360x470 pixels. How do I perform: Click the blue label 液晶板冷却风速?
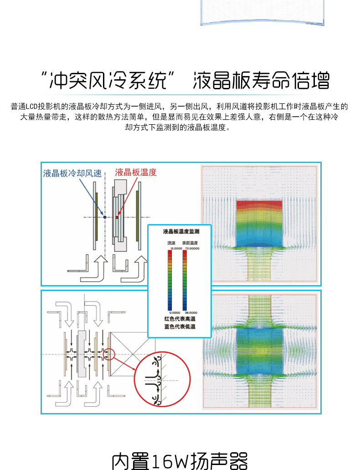click(72, 173)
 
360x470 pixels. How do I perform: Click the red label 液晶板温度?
click(136, 172)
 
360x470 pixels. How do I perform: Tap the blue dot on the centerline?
click(105, 218)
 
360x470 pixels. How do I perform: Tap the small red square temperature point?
click(117, 218)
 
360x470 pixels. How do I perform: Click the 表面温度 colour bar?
click(185, 281)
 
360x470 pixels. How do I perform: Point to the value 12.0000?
click(171, 249)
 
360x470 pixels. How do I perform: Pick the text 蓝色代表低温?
click(180, 327)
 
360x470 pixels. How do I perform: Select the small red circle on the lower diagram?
click(109, 354)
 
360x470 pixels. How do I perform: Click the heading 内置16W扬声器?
click(180, 461)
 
